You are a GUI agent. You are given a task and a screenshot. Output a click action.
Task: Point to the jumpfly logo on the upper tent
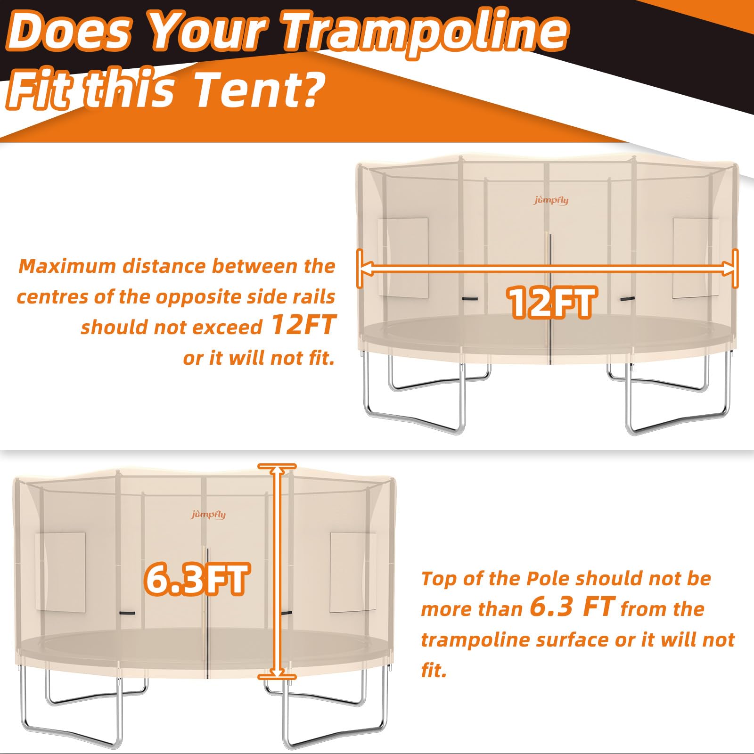[x=551, y=200]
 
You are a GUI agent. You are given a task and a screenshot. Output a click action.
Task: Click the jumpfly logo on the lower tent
[x=208, y=515]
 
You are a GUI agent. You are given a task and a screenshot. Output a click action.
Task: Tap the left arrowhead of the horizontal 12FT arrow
[x=365, y=269]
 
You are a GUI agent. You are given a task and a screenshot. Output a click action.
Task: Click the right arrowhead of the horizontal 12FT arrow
[x=729, y=269]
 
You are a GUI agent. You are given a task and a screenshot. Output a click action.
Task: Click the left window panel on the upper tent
[x=403, y=257]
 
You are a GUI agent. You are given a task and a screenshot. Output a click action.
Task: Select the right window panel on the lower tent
[x=352, y=572]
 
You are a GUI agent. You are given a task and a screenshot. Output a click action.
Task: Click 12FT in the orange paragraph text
[x=303, y=325]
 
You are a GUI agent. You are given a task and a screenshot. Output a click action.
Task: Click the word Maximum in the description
[x=67, y=267]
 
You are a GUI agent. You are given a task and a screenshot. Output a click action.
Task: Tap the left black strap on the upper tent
[x=469, y=299]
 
